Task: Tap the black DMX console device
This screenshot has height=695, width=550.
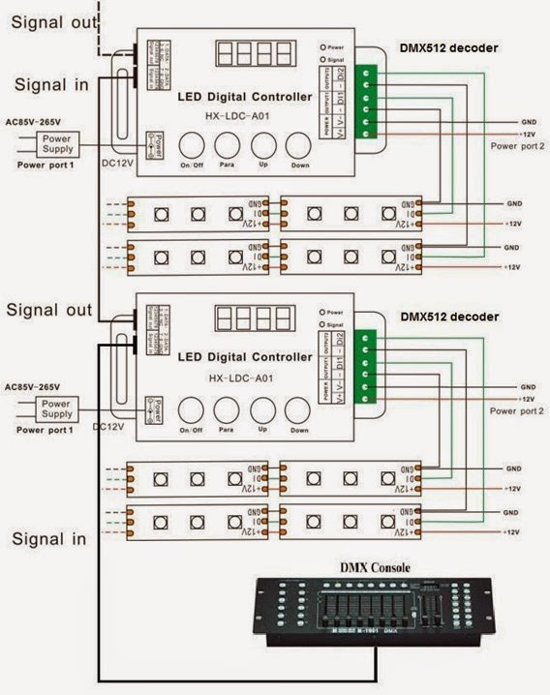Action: tap(373, 610)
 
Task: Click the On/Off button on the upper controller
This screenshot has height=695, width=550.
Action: tap(192, 145)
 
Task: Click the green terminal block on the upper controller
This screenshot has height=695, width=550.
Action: tap(366, 102)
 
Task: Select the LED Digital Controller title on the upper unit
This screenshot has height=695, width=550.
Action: tap(245, 97)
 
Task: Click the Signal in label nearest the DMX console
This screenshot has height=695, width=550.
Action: tap(47, 536)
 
